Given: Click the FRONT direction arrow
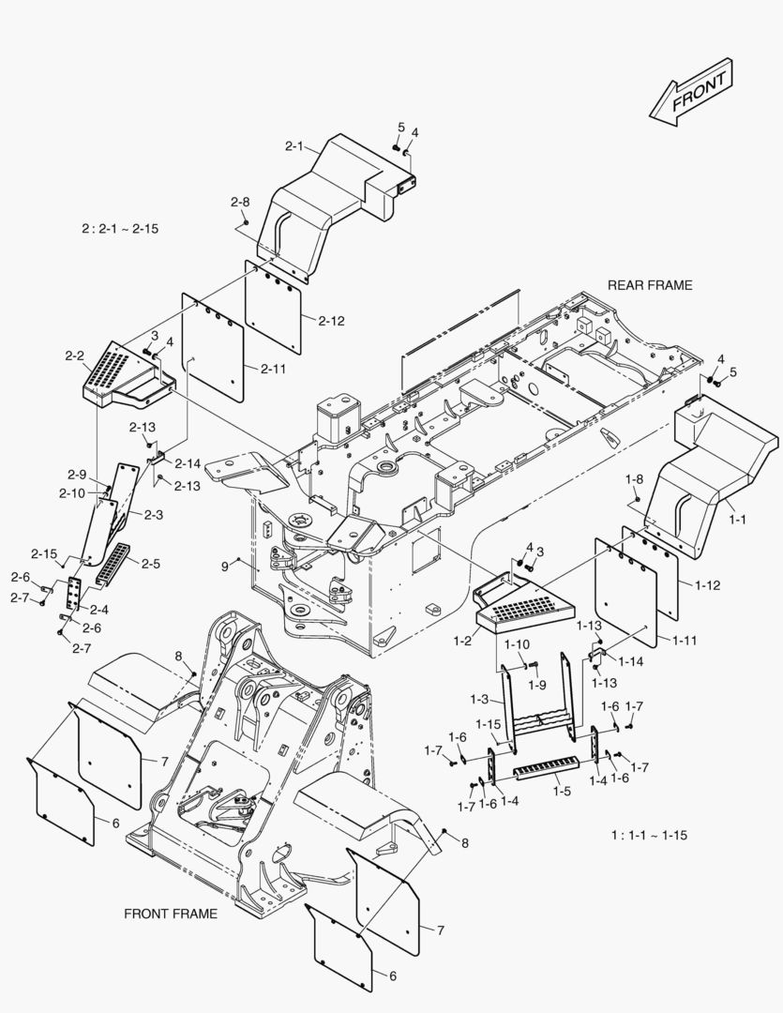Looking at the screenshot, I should click(692, 92).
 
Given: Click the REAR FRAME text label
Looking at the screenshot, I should click(650, 285).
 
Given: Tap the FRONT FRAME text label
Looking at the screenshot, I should click(171, 913).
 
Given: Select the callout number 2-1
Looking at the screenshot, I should click(294, 146).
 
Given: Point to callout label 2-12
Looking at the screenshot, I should click(331, 321).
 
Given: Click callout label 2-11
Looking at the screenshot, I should click(273, 370).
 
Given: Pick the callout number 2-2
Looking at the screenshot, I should click(75, 355).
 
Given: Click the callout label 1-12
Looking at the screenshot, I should click(708, 584).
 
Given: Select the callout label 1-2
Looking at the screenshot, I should click(461, 640).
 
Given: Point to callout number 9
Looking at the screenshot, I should click(224, 567).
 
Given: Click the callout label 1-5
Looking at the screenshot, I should click(562, 792).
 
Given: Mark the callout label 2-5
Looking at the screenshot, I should click(150, 564).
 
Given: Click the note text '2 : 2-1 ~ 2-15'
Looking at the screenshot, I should click(120, 229).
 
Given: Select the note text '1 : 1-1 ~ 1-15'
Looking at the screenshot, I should click(649, 835).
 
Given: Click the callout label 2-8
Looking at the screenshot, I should click(240, 202).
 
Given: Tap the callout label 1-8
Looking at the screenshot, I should click(635, 479).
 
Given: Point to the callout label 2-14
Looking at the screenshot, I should click(188, 463).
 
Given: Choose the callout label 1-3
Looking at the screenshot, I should click(479, 699).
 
